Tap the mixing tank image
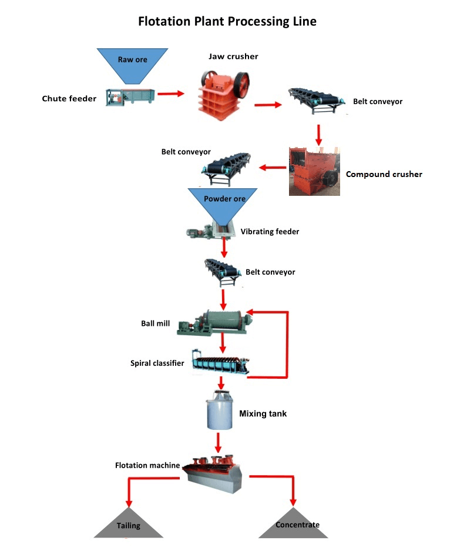click(220, 415)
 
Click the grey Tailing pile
click(129, 523)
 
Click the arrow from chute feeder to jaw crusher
click(170, 93)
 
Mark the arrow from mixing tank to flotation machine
click(219, 441)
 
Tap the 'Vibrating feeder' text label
click(270, 232)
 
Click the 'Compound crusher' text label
click(384, 174)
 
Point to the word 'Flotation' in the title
click(164, 22)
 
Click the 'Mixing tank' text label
click(263, 414)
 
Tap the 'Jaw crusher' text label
click(233, 56)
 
